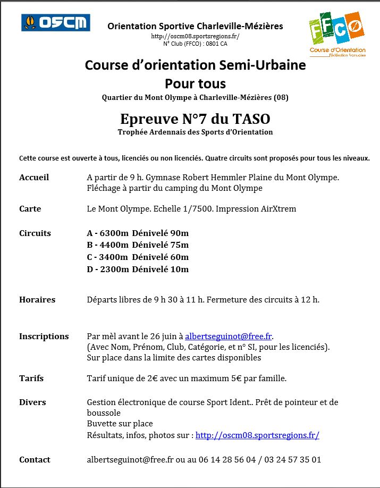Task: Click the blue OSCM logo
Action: [55, 22]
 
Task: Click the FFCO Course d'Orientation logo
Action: [337, 34]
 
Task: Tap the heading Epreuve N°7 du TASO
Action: [195, 118]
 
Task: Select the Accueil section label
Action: [34, 177]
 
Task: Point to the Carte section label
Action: [30, 209]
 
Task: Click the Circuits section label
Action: [35, 233]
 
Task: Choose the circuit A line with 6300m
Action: [138, 233]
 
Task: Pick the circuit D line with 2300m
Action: [138, 269]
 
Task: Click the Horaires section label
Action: [37, 299]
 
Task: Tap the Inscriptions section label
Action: [44, 336]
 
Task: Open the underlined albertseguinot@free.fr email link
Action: [229, 336]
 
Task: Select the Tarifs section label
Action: [31, 378]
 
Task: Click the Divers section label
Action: [32, 402]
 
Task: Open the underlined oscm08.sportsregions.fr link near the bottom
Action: [257, 435]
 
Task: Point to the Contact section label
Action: [35, 459]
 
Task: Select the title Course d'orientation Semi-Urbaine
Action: [195, 65]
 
